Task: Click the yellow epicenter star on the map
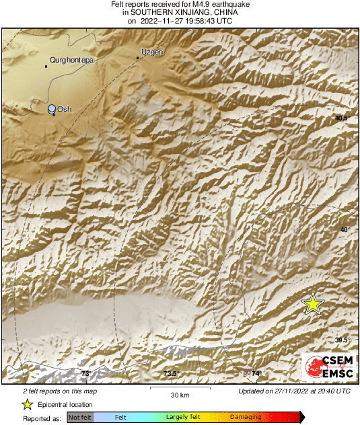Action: (x=313, y=305)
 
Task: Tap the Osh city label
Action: (x=65, y=109)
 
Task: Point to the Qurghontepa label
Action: (x=72, y=60)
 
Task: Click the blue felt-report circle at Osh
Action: (x=52, y=108)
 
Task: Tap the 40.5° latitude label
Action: (x=343, y=118)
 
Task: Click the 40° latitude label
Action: (x=345, y=230)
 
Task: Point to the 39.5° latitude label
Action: (x=343, y=340)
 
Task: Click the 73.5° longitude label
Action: (x=171, y=374)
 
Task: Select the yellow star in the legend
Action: (x=27, y=404)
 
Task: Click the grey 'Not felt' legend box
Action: (x=80, y=418)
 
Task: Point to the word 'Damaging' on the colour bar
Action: (x=246, y=418)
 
